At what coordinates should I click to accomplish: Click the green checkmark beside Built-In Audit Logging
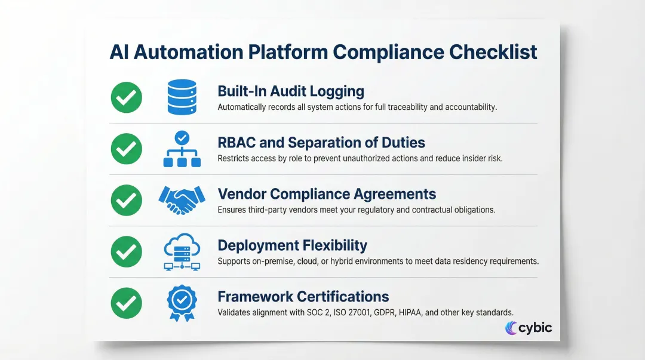127,97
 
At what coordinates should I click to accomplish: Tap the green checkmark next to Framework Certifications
127,303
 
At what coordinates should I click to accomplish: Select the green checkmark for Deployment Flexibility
127,251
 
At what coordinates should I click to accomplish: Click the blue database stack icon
182,97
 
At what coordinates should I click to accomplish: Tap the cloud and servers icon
181,251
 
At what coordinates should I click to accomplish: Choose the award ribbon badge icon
181,303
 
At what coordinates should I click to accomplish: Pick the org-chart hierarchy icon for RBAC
182,149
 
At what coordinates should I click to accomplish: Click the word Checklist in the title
493,52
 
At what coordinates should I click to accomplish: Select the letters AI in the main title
119,52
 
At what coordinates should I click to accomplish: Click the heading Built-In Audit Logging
291,91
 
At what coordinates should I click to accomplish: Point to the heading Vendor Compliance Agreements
327,194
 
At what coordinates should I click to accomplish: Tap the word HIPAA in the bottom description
422,313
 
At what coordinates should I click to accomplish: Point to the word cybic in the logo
535,327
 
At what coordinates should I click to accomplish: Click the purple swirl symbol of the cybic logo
511,328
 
